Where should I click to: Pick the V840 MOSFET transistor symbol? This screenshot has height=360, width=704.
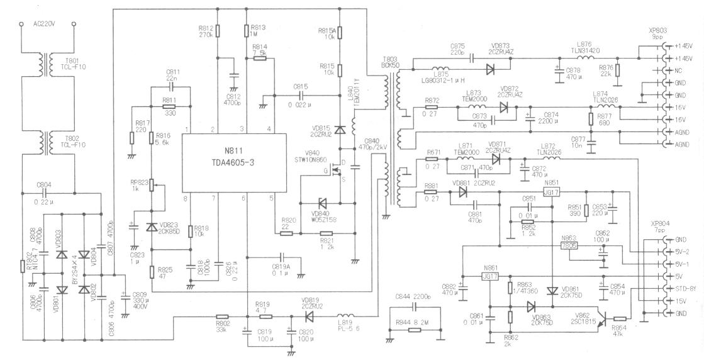tap(335, 170)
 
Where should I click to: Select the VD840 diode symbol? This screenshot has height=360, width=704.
tap(323, 203)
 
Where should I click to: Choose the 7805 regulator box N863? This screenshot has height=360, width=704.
tap(569, 245)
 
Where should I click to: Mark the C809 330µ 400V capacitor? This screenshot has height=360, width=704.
tap(125, 296)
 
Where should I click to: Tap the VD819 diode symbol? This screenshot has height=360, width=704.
tap(308, 317)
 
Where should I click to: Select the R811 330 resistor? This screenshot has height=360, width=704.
tap(168, 107)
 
